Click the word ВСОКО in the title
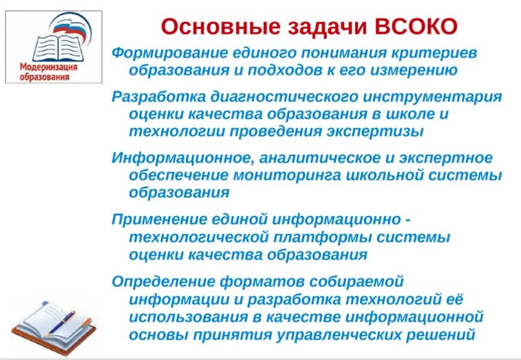tap(416, 27)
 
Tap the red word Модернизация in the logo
tap(48, 68)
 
